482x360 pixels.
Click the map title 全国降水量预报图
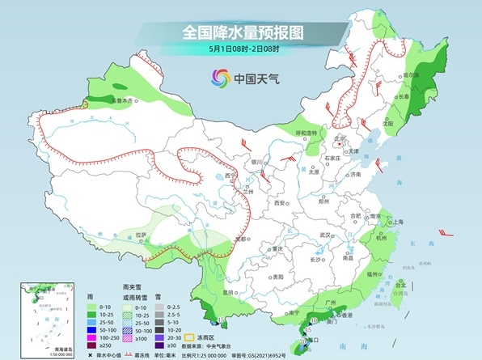coord(242,33)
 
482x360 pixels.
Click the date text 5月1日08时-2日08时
coord(241,50)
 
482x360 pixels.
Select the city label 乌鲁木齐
coord(128,101)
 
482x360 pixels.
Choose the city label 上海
coord(397,222)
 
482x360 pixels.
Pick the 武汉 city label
coord(326,235)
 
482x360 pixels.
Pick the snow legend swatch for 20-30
coord(168,340)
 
